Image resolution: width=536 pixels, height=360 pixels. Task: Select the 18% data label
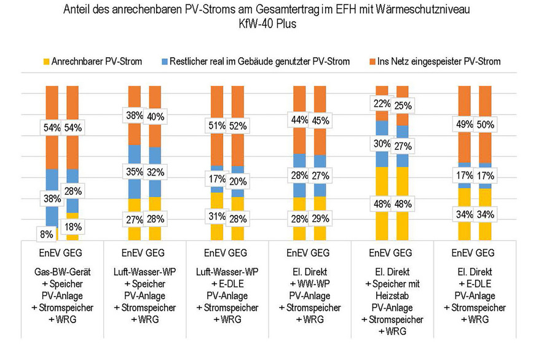[x=73, y=226]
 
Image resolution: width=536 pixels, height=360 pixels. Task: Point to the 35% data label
[x=135, y=171]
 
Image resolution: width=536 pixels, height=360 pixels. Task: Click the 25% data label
[x=403, y=106]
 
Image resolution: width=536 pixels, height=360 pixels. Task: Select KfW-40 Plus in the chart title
[x=268, y=24]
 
